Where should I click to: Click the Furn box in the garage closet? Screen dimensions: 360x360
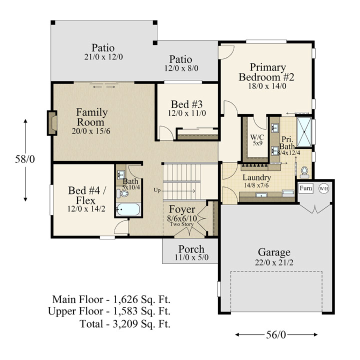(306, 188)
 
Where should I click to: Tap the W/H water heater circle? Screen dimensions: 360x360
(323, 188)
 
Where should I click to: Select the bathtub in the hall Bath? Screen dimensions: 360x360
(128, 209)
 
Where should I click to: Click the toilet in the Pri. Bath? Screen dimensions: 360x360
(304, 172)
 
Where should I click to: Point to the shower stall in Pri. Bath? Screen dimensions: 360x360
(304, 132)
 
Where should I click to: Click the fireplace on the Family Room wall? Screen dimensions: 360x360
(52, 123)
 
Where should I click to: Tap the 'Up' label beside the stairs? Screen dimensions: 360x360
(157, 190)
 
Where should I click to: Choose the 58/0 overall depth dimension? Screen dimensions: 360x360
(25, 159)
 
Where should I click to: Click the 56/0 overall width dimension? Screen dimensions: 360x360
(276, 334)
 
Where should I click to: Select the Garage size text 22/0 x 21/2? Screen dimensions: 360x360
(274, 262)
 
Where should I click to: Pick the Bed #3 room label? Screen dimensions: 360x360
(187, 104)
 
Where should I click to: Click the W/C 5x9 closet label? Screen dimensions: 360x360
(257, 140)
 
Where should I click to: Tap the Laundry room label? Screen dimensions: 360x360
(256, 177)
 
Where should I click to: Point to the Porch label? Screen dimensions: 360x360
(191, 249)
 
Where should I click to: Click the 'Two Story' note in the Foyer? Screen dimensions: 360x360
(182, 224)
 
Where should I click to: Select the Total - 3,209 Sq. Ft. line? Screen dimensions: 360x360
(125, 324)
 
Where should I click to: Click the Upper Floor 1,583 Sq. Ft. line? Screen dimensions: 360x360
(109, 311)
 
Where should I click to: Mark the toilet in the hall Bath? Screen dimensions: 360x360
(122, 193)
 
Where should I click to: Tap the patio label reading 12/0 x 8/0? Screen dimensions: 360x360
(181, 68)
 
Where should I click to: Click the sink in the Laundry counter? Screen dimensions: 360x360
(261, 195)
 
